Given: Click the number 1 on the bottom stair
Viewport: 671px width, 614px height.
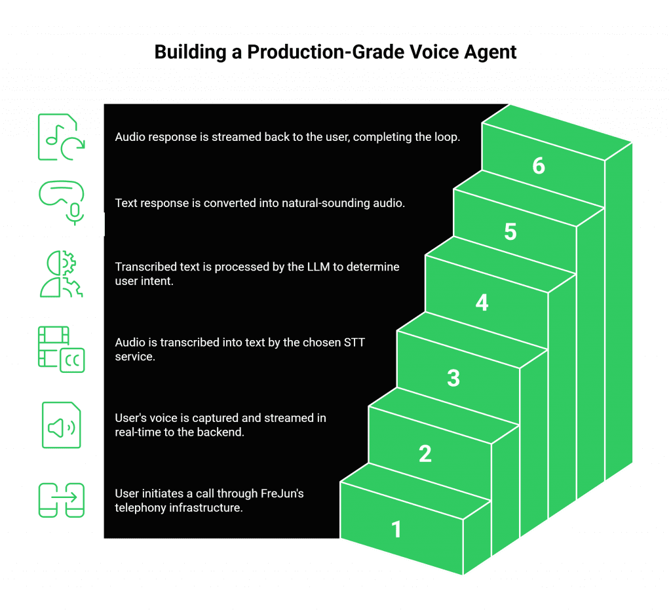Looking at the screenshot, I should click(x=396, y=529).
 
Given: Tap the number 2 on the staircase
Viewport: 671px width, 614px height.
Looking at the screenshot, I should click(x=425, y=453).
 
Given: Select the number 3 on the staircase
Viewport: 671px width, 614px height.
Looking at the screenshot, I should click(x=453, y=378).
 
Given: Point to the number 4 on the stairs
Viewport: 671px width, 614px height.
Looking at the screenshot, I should click(x=482, y=303).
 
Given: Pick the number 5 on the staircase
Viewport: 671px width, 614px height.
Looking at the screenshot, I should click(x=510, y=232).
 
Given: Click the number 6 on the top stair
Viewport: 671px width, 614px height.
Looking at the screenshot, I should click(x=539, y=166).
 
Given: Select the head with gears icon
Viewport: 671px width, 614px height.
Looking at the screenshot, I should click(x=60, y=273).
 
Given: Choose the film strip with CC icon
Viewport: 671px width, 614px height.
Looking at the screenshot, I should click(x=60, y=349).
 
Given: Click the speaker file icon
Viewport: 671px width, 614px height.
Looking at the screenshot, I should click(x=61, y=425).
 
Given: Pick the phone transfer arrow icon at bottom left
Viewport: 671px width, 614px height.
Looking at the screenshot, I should click(x=61, y=500).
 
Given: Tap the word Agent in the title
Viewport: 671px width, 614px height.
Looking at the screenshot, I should click(x=491, y=52).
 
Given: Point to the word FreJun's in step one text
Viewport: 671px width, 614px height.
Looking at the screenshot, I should click(x=283, y=493).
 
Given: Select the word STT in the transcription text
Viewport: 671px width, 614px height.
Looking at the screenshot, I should click(x=369, y=343).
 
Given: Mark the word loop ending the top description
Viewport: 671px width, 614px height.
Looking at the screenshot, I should click(x=448, y=137).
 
